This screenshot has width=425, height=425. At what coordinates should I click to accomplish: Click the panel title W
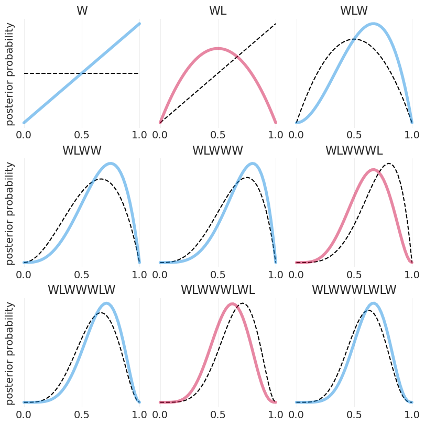click(x=82, y=10)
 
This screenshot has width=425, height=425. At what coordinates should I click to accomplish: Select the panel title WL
click(x=218, y=10)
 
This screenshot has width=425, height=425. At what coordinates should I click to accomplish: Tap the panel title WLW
click(x=354, y=10)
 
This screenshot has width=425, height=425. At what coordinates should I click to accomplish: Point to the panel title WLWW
click(x=82, y=150)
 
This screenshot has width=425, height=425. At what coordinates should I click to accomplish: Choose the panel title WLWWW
click(x=218, y=150)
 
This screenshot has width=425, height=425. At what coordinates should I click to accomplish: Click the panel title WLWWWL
click(x=354, y=150)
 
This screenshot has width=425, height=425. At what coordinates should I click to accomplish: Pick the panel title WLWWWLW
click(x=82, y=290)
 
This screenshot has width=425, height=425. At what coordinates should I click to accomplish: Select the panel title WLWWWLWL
click(x=218, y=290)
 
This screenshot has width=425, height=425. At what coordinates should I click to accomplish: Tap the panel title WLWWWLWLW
click(x=354, y=290)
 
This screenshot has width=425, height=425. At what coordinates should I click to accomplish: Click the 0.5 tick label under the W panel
click(x=82, y=134)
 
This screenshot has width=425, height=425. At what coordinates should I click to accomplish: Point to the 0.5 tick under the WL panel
click(x=218, y=134)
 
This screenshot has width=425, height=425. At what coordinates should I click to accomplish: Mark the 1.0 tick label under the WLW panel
click(x=412, y=134)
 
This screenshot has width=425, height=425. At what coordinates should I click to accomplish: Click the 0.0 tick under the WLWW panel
click(x=24, y=274)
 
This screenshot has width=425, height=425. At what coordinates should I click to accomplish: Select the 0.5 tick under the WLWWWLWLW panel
click(x=354, y=413)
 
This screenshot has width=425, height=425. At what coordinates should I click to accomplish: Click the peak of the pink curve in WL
click(x=218, y=48)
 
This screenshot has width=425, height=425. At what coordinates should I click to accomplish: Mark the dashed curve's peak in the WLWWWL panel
click(x=389, y=164)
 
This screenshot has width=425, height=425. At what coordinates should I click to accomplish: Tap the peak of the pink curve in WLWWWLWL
click(x=231, y=303)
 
